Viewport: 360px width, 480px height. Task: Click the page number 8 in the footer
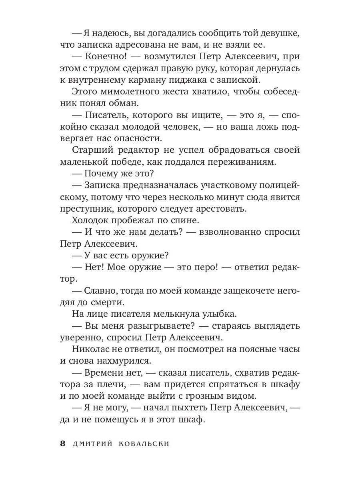pyautogui.click(x=62, y=444)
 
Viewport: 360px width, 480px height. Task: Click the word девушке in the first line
pyautogui.click(x=280, y=33)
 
